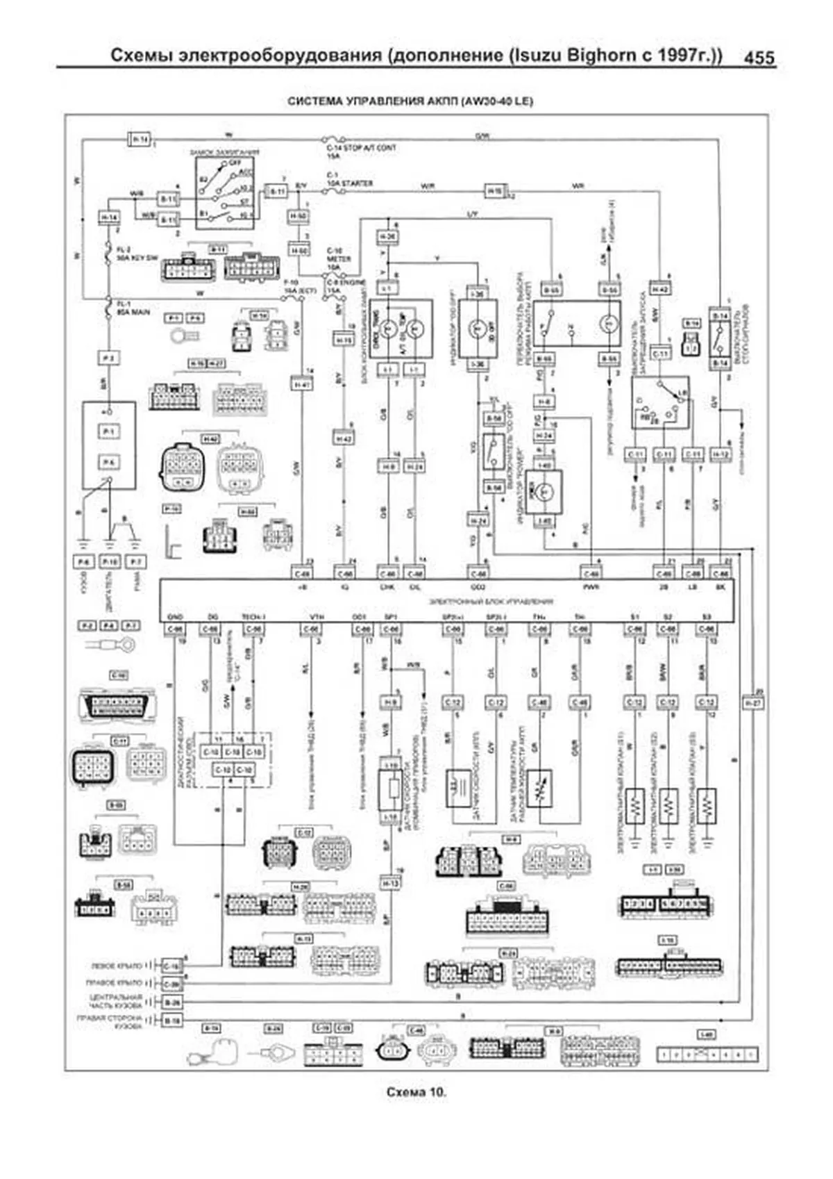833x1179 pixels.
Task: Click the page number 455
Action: point(759,57)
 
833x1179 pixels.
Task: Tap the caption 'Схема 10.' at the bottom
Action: point(416,1092)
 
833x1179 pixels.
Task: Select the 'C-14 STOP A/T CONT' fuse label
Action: point(361,148)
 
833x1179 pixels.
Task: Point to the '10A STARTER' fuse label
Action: point(350,184)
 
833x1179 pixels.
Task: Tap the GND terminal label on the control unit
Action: point(175,617)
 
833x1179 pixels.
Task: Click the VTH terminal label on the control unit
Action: point(317,617)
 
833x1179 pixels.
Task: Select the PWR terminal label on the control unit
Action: point(591,587)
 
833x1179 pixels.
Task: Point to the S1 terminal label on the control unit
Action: point(634,617)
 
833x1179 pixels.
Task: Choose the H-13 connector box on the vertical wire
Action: point(390,883)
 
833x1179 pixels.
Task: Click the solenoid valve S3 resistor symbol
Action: point(707,806)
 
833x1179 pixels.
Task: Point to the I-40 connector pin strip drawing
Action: point(707,1055)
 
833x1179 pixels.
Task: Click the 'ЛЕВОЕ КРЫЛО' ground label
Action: point(116,966)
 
